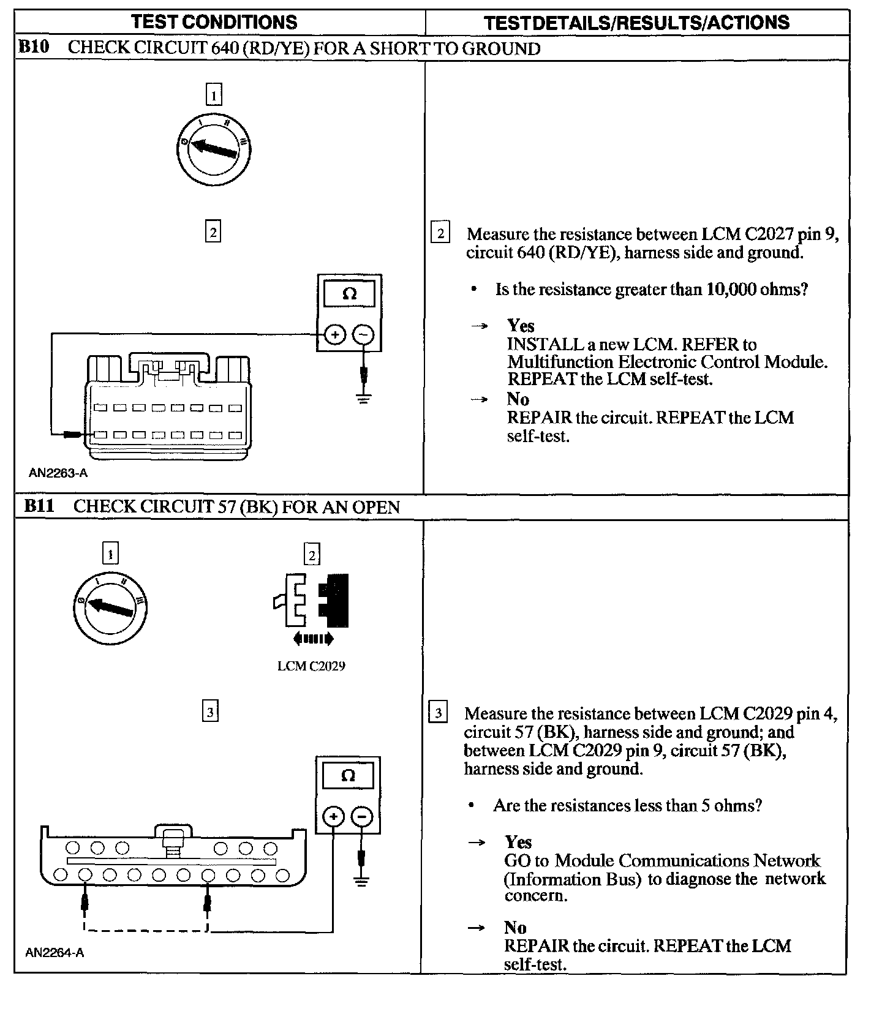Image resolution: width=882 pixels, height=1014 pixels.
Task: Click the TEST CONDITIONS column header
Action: [214, 23]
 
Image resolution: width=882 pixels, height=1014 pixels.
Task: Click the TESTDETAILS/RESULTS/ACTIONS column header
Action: [636, 23]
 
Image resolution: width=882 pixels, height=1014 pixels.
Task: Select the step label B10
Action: [34, 47]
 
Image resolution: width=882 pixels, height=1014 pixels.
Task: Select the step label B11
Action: [39, 506]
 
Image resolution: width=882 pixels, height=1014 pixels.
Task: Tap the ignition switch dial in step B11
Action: [111, 607]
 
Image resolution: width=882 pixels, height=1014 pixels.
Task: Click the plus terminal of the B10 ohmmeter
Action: [334, 334]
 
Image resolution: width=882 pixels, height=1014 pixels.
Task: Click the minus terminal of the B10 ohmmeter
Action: [363, 334]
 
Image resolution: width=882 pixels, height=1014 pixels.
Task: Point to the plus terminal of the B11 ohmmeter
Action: [333, 816]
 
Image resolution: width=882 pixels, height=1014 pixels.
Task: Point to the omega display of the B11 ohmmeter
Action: [348, 776]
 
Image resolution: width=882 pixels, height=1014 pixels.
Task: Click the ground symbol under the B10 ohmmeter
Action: [364, 399]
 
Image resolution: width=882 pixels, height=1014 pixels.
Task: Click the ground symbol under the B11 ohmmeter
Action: [361, 882]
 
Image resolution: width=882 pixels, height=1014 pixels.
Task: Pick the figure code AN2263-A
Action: [54, 473]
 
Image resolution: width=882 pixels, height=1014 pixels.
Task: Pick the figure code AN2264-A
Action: [55, 952]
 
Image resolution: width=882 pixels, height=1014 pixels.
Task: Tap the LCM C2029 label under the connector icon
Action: [311, 666]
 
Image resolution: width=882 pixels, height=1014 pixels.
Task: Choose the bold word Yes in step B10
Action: [521, 326]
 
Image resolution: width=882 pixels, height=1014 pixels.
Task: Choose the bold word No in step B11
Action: [515, 928]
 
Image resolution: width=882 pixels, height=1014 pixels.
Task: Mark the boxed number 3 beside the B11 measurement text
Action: [438, 713]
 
